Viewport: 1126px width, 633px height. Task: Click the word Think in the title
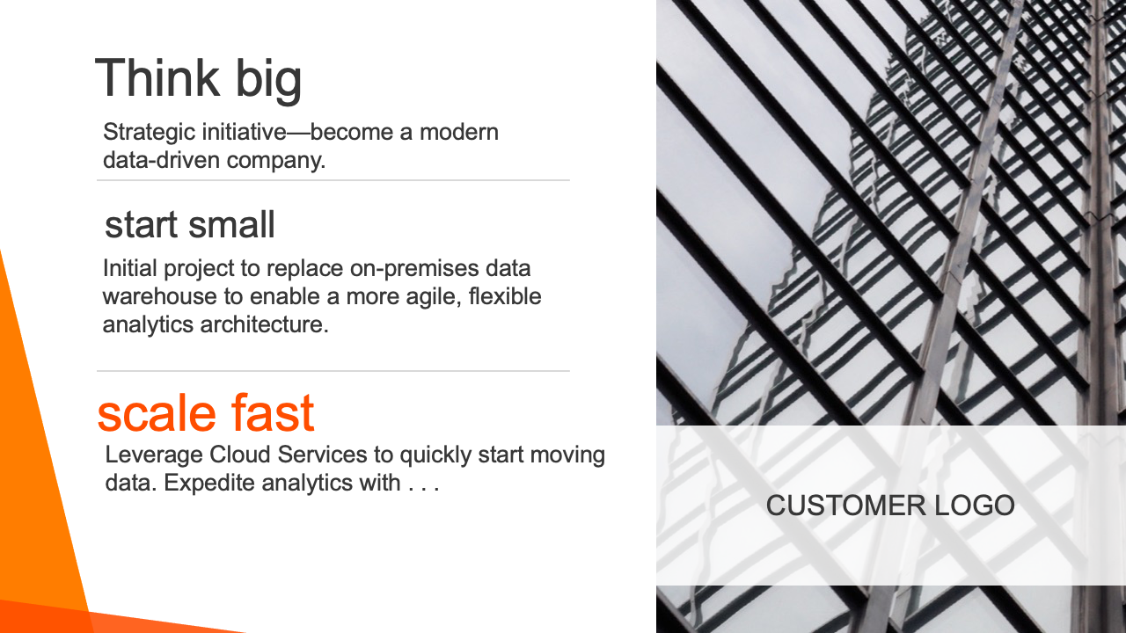pyautogui.click(x=157, y=78)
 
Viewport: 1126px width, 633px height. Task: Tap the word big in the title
pyautogui.click(x=268, y=80)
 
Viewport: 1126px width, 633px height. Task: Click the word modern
pyautogui.click(x=459, y=132)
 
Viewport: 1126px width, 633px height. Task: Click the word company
pyautogui.click(x=276, y=162)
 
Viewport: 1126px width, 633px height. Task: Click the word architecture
pyautogui.click(x=265, y=324)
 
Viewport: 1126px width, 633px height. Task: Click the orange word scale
pyautogui.click(x=157, y=413)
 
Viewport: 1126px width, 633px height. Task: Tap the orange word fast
pyautogui.click(x=273, y=413)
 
